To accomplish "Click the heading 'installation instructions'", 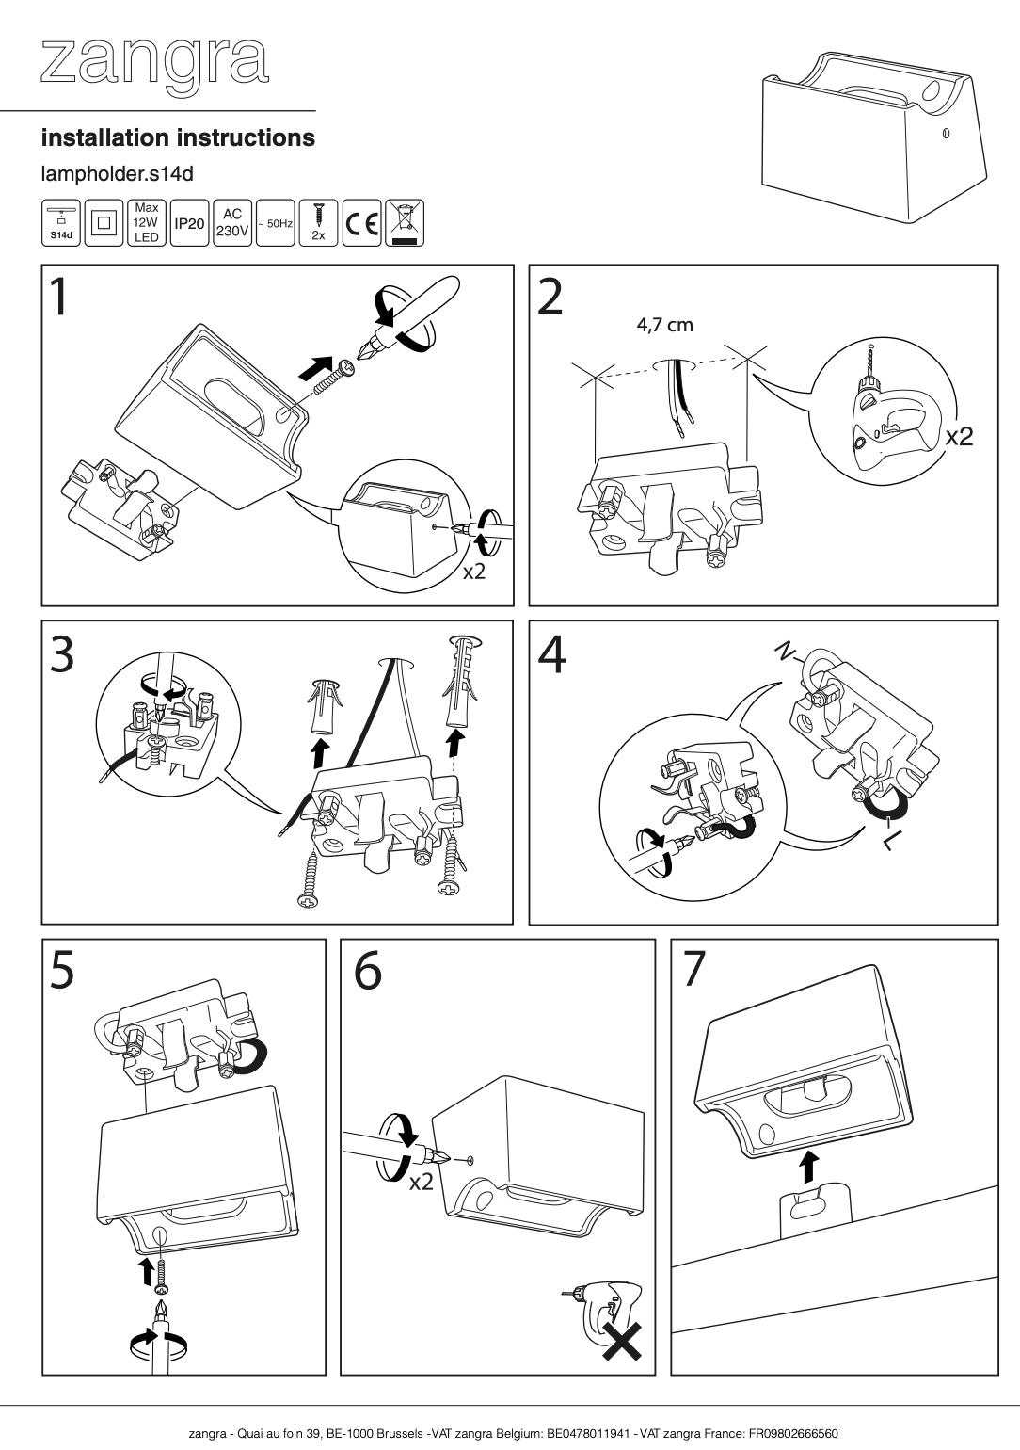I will (x=177, y=137).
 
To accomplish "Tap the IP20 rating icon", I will (x=188, y=223).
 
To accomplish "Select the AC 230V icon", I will (x=231, y=223).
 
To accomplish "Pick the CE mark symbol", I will (x=361, y=223).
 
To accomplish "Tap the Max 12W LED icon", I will (x=146, y=223).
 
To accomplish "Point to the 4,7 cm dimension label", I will (x=664, y=326).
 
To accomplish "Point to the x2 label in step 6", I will (x=421, y=1181).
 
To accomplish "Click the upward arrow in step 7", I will (x=806, y=1167).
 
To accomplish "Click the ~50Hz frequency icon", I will (x=275, y=223).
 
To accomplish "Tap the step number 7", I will (x=693, y=971).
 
